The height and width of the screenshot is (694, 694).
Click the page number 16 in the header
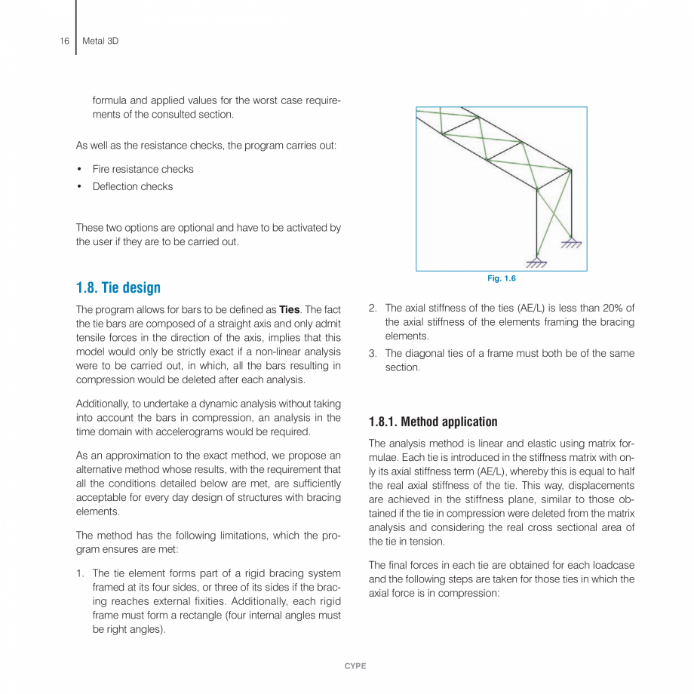click(64, 41)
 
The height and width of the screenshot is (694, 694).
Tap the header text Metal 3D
click(100, 41)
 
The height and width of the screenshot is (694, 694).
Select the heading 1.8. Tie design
click(118, 288)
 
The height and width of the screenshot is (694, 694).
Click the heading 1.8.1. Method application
click(433, 422)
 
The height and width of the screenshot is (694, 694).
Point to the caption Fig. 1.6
click(501, 279)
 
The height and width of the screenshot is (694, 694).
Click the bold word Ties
click(290, 309)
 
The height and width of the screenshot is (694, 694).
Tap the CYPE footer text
click(355, 666)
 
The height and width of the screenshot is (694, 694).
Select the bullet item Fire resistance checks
click(143, 169)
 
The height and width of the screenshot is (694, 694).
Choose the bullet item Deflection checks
click(132, 186)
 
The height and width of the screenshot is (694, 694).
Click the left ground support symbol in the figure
click(536, 263)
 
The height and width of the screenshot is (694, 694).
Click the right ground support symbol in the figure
click(571, 243)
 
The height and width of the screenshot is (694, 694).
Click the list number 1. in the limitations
click(80, 573)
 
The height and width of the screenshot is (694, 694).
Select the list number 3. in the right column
click(373, 353)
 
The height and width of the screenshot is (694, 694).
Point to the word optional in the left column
click(173, 228)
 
